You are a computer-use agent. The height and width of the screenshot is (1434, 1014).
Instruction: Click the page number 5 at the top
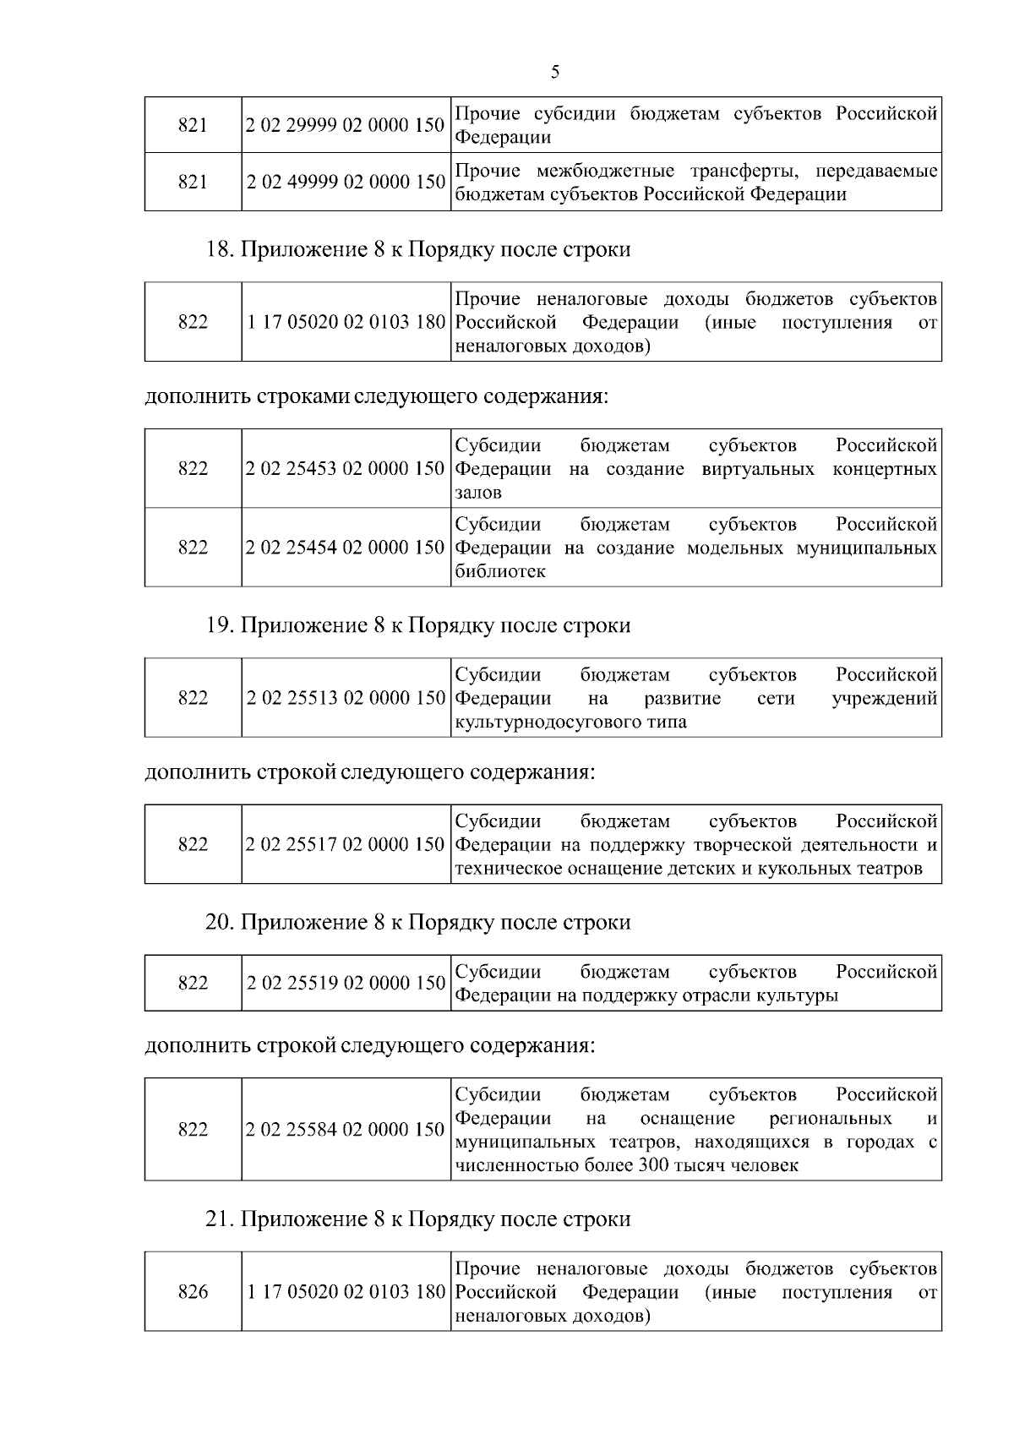555,72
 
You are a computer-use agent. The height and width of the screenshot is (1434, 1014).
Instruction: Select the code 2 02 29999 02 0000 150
346,125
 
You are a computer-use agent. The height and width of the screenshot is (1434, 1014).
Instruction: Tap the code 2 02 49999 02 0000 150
346,182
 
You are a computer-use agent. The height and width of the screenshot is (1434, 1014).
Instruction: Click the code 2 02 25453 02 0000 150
346,468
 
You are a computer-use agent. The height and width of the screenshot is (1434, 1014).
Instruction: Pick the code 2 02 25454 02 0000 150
346,548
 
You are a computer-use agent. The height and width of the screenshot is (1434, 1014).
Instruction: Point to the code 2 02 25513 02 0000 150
346,698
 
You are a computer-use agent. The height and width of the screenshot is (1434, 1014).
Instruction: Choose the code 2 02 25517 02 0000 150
346,844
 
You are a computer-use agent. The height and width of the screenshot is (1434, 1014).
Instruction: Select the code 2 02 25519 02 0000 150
346,983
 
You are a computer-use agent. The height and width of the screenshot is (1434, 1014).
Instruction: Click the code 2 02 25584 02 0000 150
346,1130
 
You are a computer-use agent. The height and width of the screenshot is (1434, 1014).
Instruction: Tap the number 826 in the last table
194,1292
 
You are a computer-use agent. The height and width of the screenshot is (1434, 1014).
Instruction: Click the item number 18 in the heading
218,250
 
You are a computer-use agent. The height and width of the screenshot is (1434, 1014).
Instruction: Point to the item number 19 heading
218,625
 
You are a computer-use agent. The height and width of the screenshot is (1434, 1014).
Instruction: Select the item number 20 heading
219,922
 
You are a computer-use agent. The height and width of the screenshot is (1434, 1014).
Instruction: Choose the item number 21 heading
218,1219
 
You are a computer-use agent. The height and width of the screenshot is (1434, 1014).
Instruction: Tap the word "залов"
478,492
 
